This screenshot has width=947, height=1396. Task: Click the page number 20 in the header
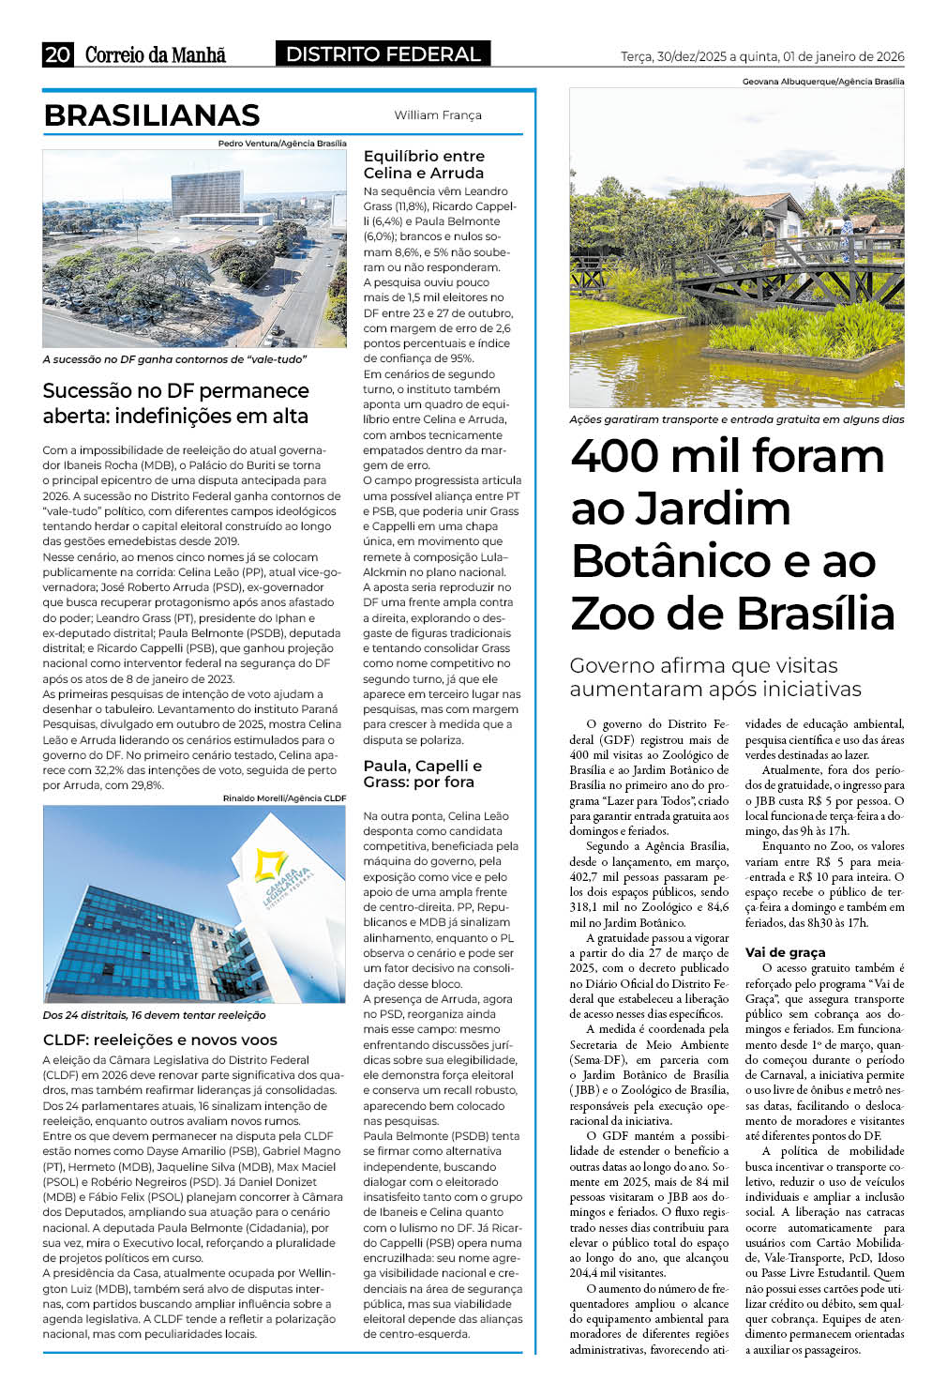tap(57, 54)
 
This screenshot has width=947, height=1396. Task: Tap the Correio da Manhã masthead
tap(156, 54)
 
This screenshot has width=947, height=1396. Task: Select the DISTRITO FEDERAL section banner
tap(383, 54)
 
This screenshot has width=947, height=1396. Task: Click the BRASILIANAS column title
tap(152, 115)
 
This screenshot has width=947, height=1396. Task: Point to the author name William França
tap(438, 115)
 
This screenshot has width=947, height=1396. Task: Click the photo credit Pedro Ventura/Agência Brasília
tap(282, 144)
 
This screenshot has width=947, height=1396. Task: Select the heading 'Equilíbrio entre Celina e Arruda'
tap(424, 164)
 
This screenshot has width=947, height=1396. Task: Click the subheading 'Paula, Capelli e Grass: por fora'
tap(422, 773)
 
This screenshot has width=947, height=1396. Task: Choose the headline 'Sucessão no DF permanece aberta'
tap(175, 403)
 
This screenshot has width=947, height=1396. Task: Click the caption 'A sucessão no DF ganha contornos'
tap(174, 359)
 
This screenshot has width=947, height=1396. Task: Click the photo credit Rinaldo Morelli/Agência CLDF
tap(284, 798)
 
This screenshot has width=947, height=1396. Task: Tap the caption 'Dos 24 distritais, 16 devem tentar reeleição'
tap(154, 1015)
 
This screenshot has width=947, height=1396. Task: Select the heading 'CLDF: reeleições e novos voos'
tap(160, 1039)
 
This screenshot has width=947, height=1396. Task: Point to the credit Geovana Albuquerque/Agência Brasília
tap(823, 82)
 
